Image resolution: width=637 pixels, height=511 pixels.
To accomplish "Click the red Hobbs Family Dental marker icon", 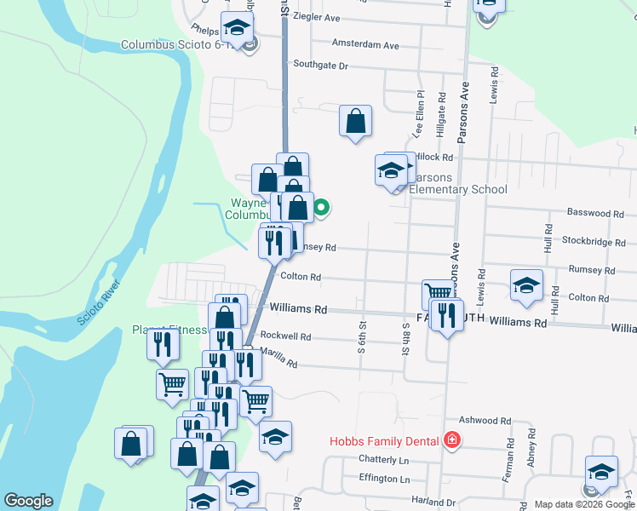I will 451,440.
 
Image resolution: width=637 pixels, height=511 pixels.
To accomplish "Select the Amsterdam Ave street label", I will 365,44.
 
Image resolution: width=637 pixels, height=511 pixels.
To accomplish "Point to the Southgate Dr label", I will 321,65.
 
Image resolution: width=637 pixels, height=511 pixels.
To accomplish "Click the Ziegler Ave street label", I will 316,17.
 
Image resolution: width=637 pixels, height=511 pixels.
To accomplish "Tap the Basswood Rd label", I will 588,213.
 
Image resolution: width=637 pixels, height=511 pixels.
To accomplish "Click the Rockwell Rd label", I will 285,336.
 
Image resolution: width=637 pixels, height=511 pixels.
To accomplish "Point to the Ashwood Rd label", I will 485,421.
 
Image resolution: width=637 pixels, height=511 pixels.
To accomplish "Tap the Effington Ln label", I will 384,479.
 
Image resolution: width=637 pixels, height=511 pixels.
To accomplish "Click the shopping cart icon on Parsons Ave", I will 438,294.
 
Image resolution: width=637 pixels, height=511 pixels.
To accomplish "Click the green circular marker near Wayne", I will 322,205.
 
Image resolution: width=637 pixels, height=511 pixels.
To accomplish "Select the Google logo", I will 28,501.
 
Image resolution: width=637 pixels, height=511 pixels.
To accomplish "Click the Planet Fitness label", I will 169,330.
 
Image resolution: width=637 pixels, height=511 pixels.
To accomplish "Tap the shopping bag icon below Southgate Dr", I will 355,121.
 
